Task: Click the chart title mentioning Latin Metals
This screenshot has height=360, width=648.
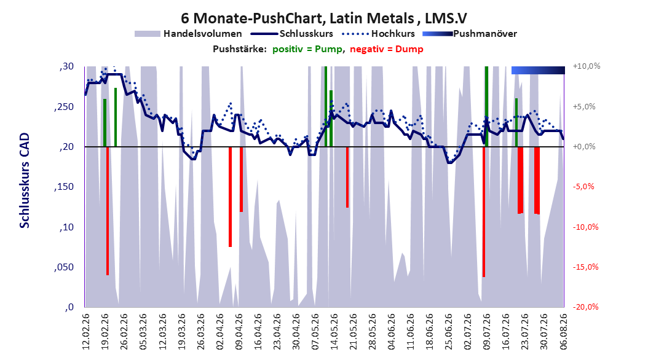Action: point(324,18)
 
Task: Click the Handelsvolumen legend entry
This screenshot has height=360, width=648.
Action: point(188,34)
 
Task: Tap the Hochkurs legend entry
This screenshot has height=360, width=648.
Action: point(378,34)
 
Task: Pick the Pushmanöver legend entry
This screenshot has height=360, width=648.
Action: point(470,34)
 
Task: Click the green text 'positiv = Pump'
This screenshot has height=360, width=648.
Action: point(307,49)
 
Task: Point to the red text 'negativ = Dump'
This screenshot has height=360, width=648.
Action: point(387,49)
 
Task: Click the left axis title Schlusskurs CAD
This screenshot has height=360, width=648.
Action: point(25,181)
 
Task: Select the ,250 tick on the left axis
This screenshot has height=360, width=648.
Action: point(64,106)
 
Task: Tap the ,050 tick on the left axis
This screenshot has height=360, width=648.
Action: point(64,267)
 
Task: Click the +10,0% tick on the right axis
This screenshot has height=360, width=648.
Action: point(587,66)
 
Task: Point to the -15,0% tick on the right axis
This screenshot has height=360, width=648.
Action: point(585,267)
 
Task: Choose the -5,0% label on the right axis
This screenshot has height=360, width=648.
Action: point(583,187)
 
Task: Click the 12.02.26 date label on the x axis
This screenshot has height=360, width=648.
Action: point(86,332)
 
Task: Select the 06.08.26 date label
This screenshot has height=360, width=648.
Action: point(563,332)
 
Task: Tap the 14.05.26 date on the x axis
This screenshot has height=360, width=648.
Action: point(334,332)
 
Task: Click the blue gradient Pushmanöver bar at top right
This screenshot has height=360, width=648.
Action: point(538,70)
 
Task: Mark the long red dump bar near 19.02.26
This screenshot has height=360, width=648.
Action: point(108,211)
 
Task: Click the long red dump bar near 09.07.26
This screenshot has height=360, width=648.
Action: point(483,212)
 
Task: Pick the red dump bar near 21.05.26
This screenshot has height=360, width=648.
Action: point(347,177)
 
